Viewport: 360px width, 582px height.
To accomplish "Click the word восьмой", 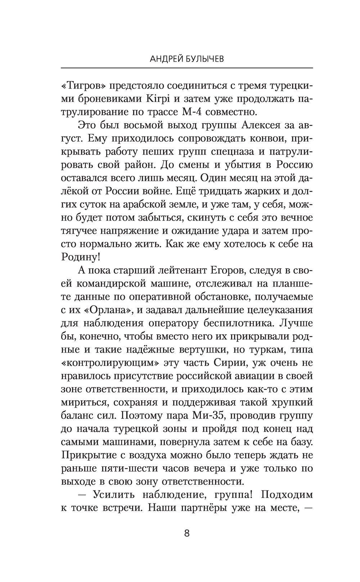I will point(144,126).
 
